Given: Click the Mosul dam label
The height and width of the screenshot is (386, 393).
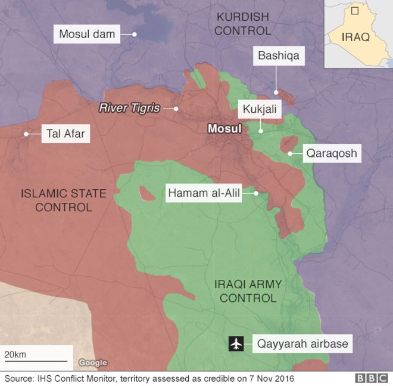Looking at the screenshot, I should coord(87,34).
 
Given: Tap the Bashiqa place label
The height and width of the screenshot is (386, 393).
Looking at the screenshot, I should coord(278,57).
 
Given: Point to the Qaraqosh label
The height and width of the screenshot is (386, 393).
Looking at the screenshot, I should coord(332,153).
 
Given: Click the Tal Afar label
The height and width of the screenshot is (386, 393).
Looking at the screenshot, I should coord(65,134).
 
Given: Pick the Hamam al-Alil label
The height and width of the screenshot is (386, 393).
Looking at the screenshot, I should coord(204,193).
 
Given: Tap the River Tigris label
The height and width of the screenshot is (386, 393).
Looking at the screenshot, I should coord(129,108).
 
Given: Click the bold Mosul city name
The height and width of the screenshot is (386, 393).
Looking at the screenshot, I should coord(224,128).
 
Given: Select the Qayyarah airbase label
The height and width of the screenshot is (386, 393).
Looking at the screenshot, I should coord(302,344).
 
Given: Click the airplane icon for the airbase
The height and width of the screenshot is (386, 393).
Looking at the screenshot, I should coord(236,344).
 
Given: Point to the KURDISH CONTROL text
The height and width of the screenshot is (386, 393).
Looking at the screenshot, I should coord(242,23).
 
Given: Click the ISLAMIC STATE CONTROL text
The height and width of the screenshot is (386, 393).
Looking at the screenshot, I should coord(64,200).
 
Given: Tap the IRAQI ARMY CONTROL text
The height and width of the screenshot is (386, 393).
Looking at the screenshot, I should coord(248,291).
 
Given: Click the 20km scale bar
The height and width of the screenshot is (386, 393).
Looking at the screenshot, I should coord(35,360).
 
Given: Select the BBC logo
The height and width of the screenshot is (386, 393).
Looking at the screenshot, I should coord(372,378).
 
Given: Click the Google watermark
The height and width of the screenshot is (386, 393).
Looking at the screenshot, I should coord(93,363).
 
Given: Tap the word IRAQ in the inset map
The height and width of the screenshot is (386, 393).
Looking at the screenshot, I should coord(355,37).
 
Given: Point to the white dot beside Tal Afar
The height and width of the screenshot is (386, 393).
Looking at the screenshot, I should coord(26,134).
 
